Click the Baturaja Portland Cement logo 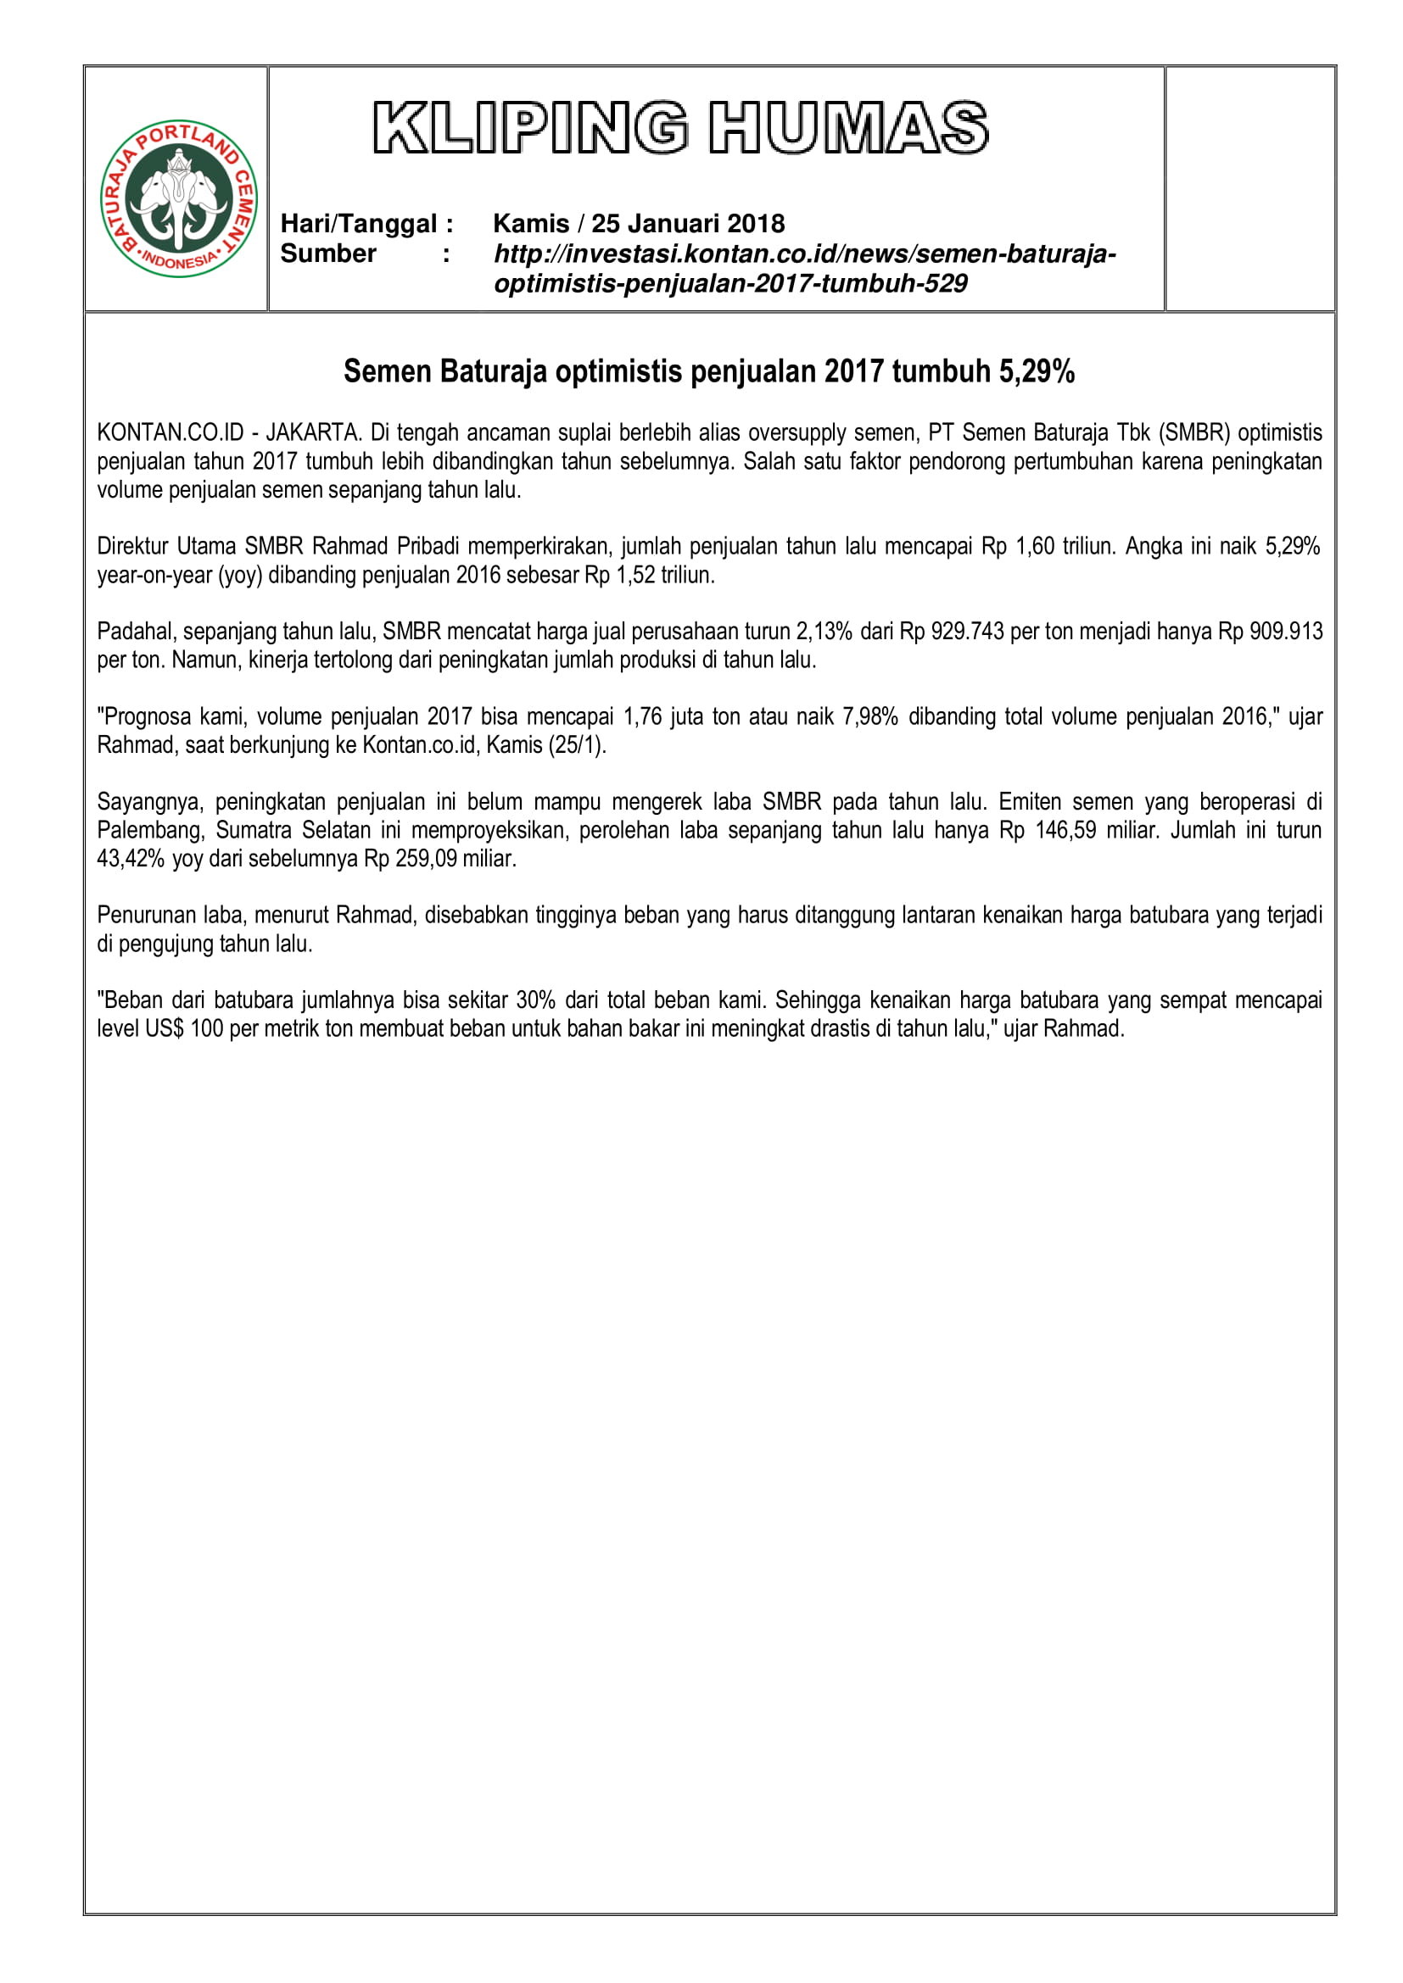pos(179,198)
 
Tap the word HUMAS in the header pos(849,128)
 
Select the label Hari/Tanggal pos(359,224)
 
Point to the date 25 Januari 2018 pos(688,224)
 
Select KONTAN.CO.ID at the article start pos(170,432)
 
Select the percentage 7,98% pos(871,717)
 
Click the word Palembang pos(148,831)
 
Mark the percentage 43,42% pos(131,860)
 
